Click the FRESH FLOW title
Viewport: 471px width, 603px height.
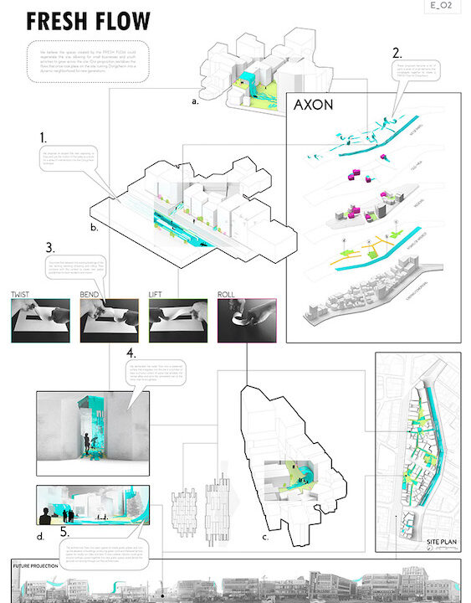tap(89, 21)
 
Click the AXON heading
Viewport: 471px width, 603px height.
tap(315, 107)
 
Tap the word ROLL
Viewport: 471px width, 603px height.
tap(228, 295)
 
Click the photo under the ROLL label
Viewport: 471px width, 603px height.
tap(248, 321)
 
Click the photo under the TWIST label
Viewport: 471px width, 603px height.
tap(40, 321)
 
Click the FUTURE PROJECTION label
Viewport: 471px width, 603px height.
tap(37, 566)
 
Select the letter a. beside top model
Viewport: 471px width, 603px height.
tap(195, 101)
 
